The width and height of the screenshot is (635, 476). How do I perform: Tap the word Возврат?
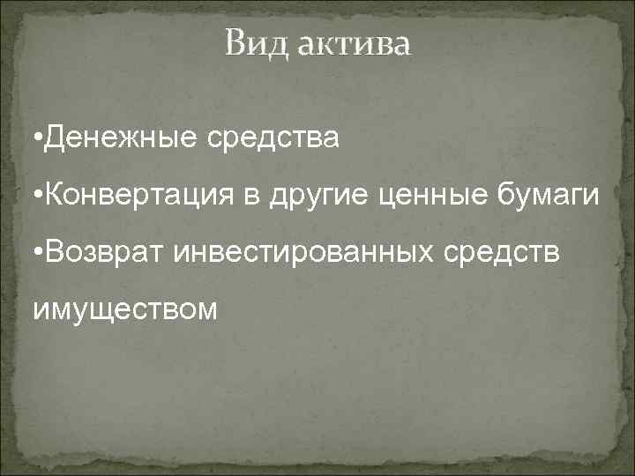point(100,255)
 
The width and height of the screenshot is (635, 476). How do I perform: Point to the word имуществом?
point(123,310)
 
